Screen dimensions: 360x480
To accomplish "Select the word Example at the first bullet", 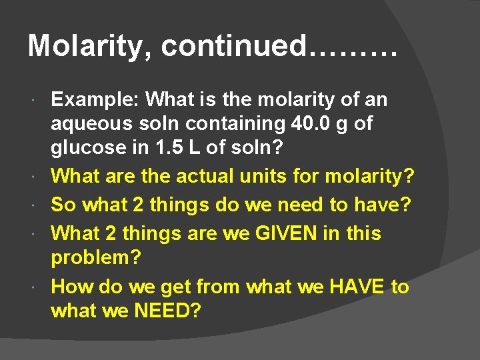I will pyautogui.click(x=93, y=100).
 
